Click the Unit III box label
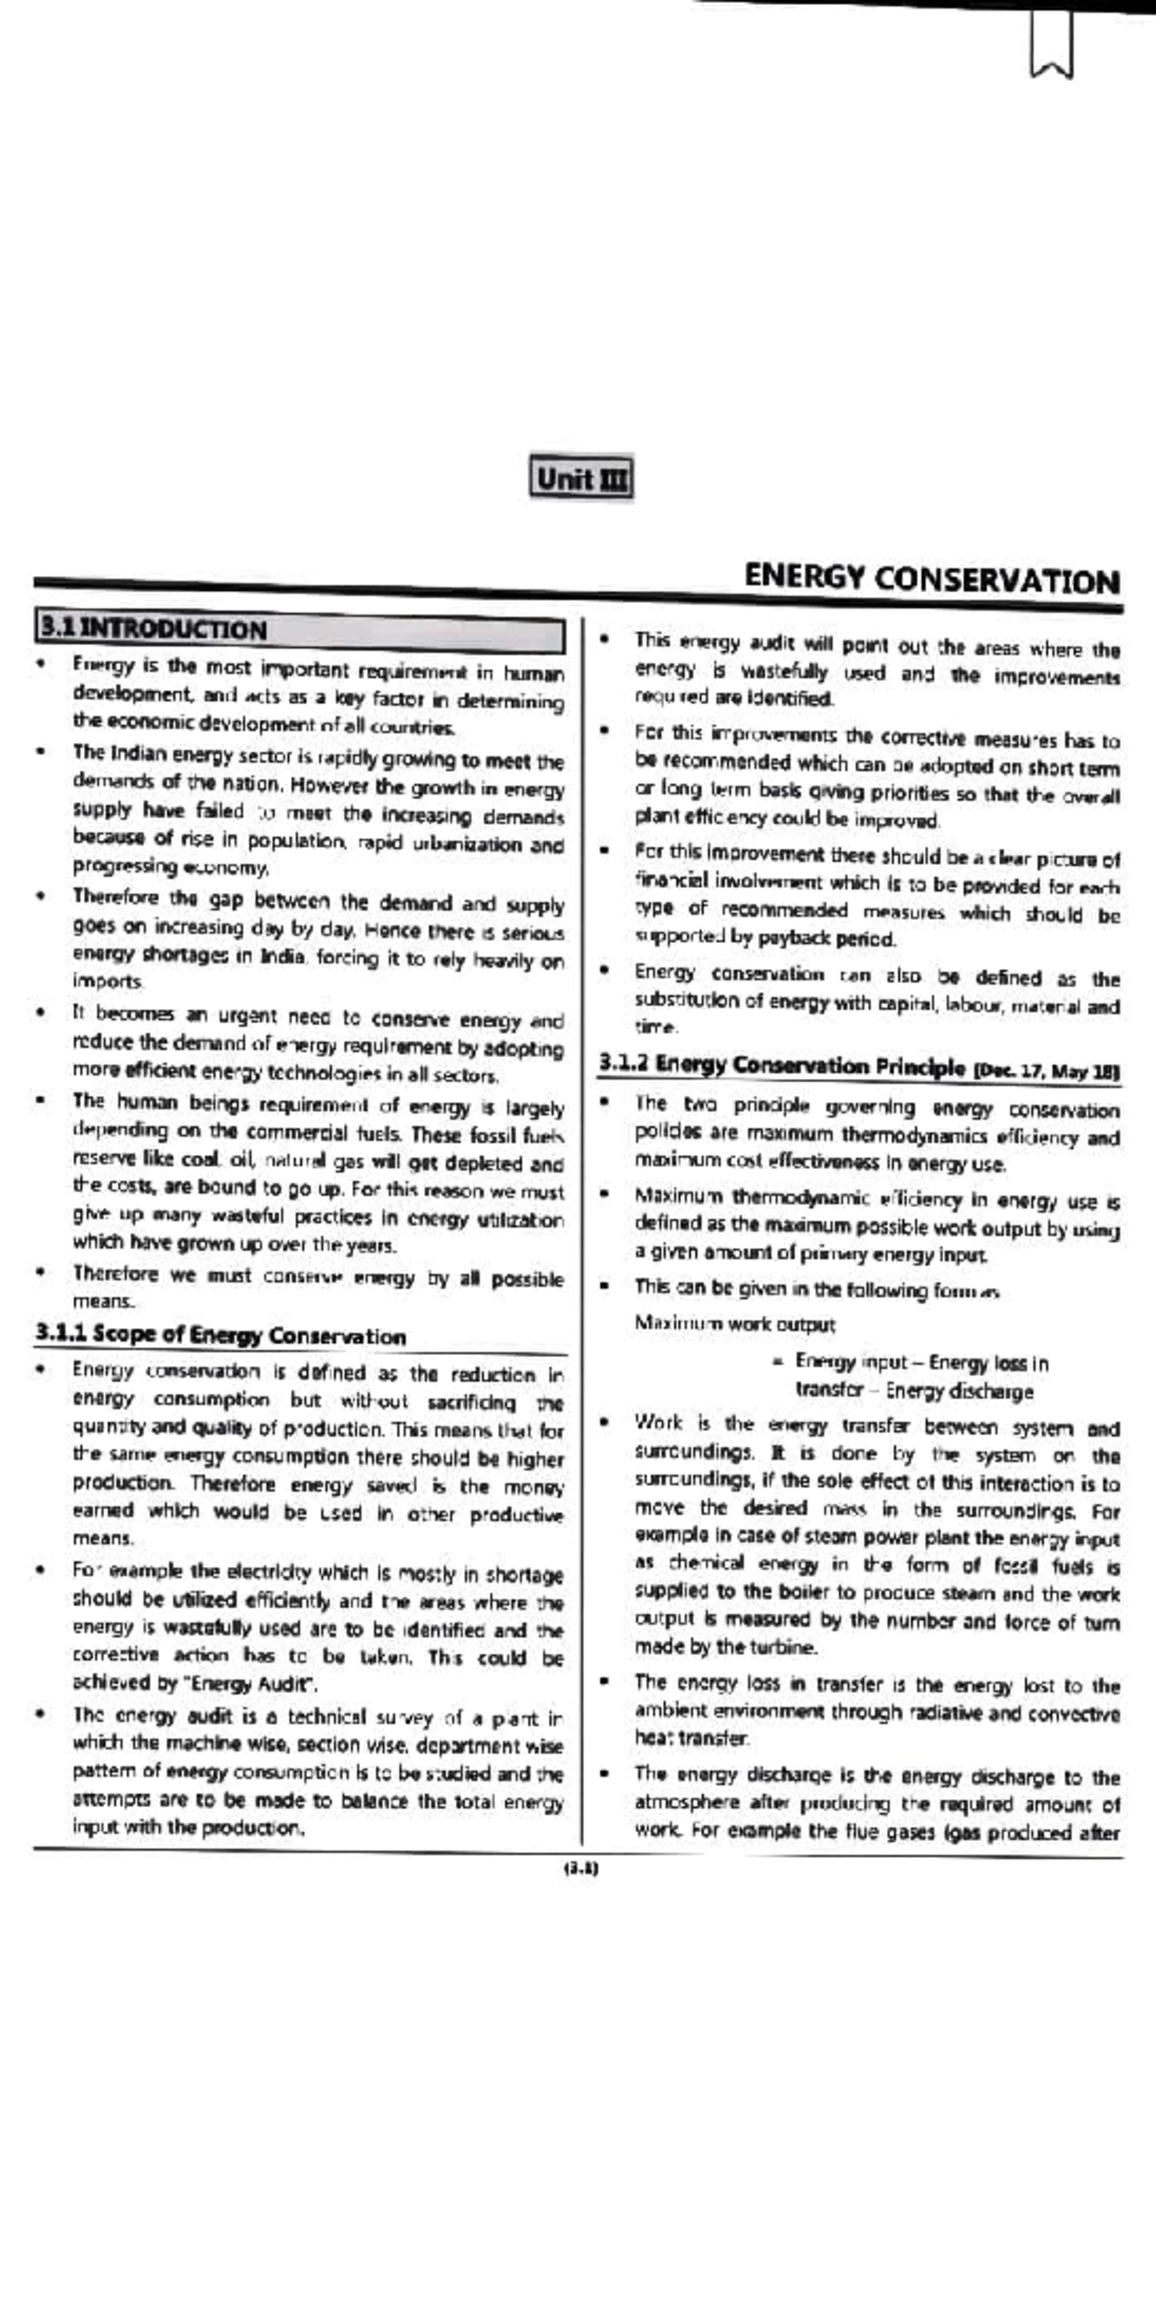(581, 479)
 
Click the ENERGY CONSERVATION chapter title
(931, 580)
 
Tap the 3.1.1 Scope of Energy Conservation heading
(221, 1335)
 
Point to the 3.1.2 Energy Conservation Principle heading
(780, 1066)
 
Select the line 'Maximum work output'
(734, 1324)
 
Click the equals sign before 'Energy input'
(776, 1363)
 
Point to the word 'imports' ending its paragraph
(107, 981)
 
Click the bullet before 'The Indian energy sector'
(39, 753)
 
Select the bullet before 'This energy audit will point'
(604, 640)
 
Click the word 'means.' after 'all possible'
(104, 1302)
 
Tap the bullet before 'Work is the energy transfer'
(604, 1423)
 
